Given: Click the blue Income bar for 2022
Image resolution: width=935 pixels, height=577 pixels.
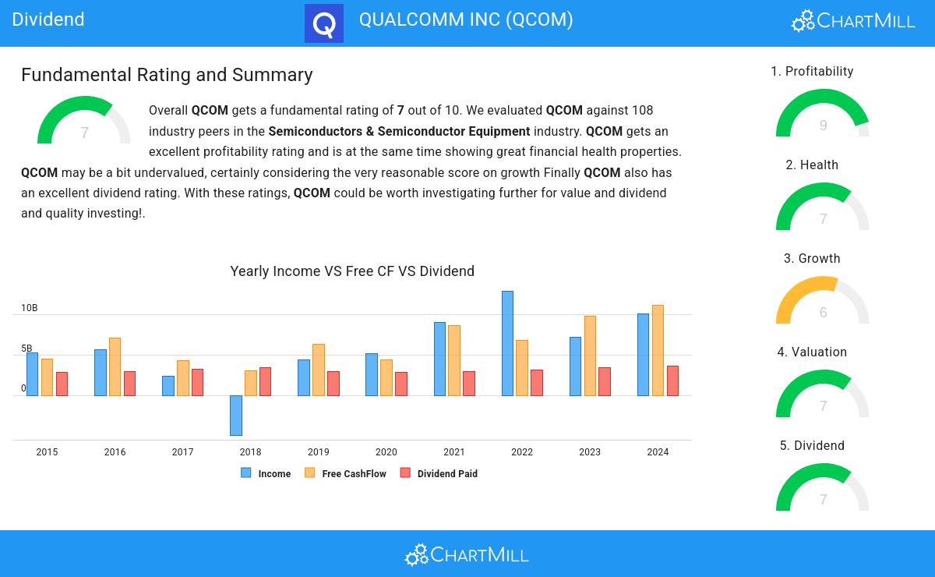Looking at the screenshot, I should pos(507,343).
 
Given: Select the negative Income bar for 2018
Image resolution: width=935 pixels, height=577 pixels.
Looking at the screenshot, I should pos(236,415).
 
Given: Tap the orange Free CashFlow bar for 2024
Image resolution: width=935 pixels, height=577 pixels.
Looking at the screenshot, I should pos(658,350).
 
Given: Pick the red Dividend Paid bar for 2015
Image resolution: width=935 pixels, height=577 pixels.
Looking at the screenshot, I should pos(62,384).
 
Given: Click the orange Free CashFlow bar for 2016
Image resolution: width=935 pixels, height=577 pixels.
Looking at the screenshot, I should pos(115,366).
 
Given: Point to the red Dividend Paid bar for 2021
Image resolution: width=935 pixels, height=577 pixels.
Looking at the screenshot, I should pos(469,384).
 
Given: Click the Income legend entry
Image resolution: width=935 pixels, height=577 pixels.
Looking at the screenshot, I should pos(266,473).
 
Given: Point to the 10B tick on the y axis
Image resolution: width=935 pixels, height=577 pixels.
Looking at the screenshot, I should pos(29,308).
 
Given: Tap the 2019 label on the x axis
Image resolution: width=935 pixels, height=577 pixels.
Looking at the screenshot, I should pos(318,452).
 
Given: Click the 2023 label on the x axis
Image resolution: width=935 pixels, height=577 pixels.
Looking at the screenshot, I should pos(590,452).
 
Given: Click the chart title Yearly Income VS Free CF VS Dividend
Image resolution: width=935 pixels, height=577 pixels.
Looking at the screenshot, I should pos(352,271).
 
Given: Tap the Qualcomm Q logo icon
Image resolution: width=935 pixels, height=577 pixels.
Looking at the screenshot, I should pos(324,23).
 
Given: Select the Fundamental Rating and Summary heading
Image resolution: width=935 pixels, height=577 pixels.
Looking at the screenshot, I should pos(167,75).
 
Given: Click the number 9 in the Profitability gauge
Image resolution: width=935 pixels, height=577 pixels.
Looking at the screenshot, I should pos(824,126).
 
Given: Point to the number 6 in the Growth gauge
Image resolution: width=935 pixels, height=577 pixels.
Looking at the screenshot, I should pos(824,313).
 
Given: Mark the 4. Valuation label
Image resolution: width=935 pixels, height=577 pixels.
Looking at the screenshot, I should pos(812,352).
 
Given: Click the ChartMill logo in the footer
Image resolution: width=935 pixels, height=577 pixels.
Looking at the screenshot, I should pos(467,554).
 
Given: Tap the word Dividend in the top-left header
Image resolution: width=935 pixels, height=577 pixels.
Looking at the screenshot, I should pos(48,19).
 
